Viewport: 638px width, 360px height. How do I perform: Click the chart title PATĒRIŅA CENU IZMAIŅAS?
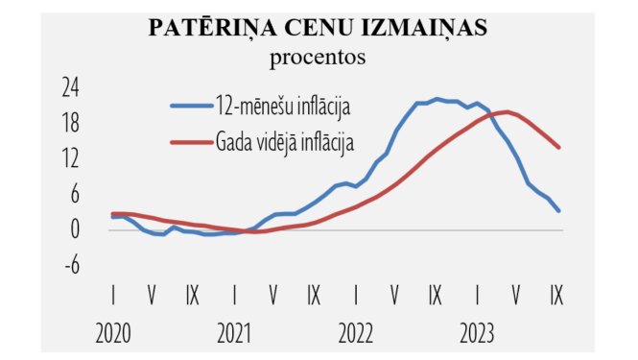tap(319, 29)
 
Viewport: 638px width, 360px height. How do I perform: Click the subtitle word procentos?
tap(319, 57)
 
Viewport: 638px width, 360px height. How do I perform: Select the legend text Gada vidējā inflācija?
tap(286, 142)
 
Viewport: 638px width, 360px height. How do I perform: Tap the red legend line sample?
tap(191, 142)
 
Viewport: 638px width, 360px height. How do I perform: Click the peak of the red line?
tap(506, 112)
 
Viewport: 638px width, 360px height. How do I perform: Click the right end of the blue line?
tap(558, 210)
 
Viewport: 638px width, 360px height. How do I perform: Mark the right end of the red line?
tap(558, 147)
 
